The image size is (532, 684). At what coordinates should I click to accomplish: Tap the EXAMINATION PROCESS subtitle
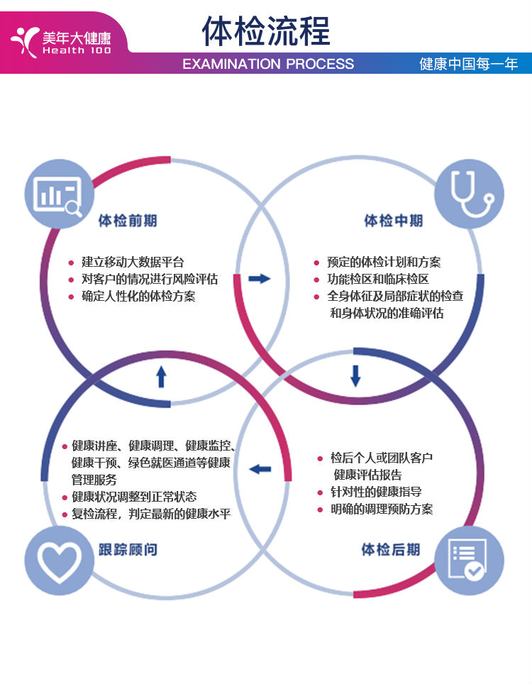tap(268, 64)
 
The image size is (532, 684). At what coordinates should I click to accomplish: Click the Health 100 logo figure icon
tap(24, 40)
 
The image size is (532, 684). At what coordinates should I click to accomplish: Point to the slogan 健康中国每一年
tap(469, 64)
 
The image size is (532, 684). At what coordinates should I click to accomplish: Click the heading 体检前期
tap(128, 221)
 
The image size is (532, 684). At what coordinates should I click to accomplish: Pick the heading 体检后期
tap(390, 549)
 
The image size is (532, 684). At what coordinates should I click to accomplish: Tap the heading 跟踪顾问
tap(128, 549)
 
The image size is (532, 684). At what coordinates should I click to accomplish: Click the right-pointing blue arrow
tap(260, 278)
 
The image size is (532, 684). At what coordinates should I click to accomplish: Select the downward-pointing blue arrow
tap(355, 375)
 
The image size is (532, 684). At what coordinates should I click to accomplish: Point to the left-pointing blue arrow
tap(260, 469)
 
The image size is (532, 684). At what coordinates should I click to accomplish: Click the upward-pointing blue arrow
tap(161, 376)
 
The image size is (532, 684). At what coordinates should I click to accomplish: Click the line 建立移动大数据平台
tap(133, 262)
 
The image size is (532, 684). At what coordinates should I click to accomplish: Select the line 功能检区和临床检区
tap(377, 279)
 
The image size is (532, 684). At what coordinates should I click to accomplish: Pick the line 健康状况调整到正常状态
tap(134, 497)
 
